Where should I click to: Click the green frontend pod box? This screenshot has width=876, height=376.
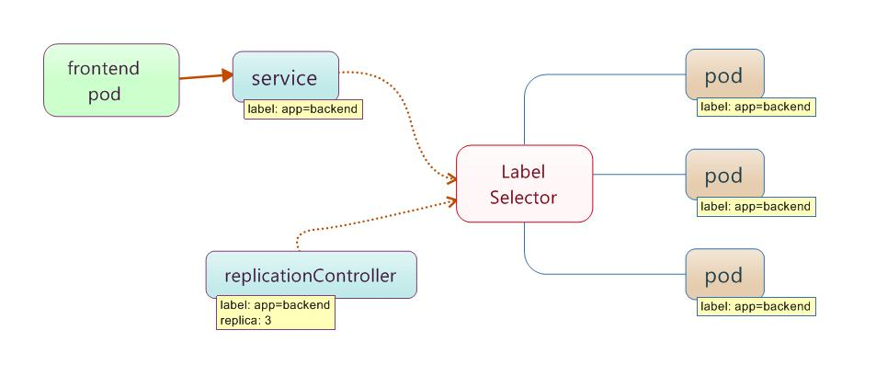coord(111,80)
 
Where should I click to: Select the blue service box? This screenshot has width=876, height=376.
coord(286,76)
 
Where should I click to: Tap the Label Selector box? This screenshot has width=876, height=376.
coord(524,183)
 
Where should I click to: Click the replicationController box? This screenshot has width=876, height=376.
coord(312,274)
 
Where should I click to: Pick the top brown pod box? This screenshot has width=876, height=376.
coord(724,74)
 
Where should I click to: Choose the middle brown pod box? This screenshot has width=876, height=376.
coord(724,175)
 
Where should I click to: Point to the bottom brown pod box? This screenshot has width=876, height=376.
coord(724,274)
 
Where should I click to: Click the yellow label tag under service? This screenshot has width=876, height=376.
coord(303,109)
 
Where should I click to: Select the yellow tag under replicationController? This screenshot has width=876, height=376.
coord(276,313)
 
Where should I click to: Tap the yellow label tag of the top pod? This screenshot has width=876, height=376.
coord(757,107)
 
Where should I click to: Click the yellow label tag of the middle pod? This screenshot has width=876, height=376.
coord(757,207)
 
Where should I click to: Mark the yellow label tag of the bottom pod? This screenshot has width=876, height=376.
coord(757,306)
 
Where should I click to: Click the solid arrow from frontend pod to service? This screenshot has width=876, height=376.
coord(206,76)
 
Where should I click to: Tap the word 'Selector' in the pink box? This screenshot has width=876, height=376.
coord(523,198)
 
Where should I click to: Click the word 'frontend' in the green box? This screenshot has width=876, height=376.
coord(103,68)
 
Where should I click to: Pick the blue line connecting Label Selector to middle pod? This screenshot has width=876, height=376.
coord(639,175)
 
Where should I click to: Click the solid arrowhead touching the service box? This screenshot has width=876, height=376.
coord(227,74)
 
